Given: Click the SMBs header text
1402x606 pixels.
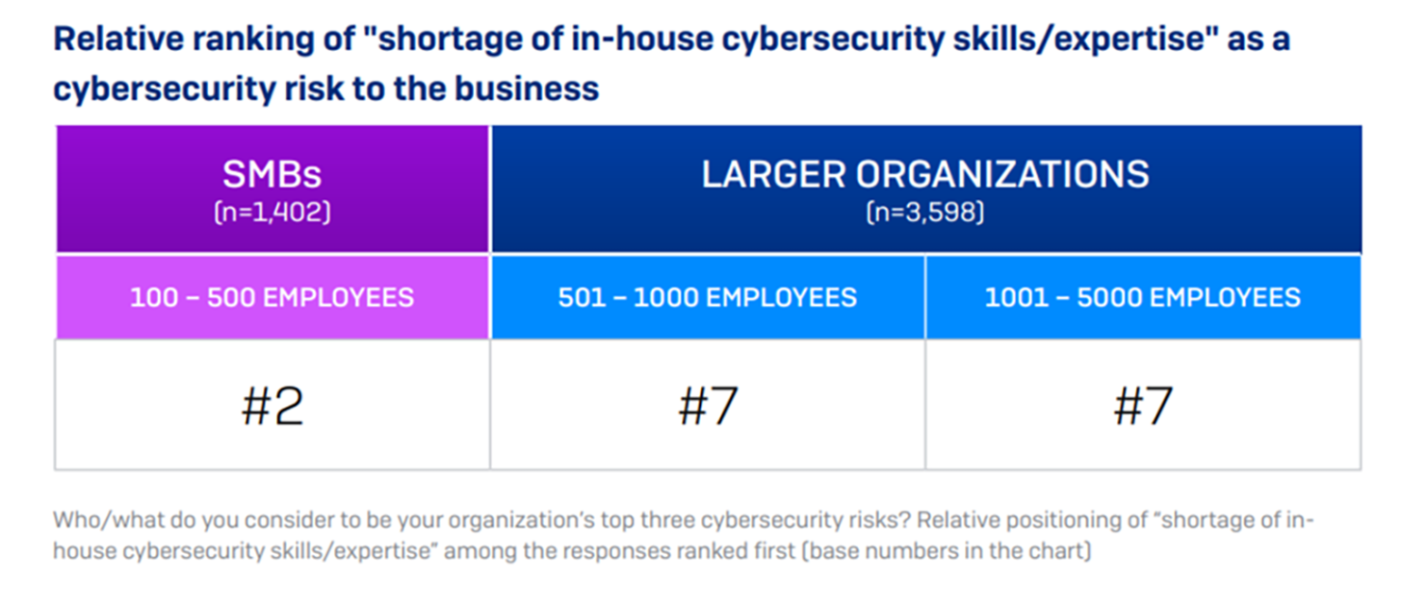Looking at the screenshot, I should coord(272,174).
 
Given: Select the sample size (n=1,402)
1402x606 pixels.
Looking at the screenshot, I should coord(272,212).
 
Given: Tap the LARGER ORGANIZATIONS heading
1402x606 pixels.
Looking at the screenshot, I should coord(925,174).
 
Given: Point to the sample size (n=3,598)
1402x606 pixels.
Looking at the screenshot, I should coord(925,212).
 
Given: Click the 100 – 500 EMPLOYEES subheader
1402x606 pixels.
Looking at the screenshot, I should coord(272,297).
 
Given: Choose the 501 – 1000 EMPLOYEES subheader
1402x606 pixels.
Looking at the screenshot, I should coord(707,297).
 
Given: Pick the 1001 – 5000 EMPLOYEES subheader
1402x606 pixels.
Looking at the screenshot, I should coord(1142,297).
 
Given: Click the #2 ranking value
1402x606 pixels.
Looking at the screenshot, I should coord(272,406).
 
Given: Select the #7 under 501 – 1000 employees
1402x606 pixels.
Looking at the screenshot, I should coord(707,406).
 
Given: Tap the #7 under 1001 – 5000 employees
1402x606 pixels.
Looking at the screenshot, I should coord(1142,406).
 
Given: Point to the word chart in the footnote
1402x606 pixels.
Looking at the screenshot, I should coord(1063,555).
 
